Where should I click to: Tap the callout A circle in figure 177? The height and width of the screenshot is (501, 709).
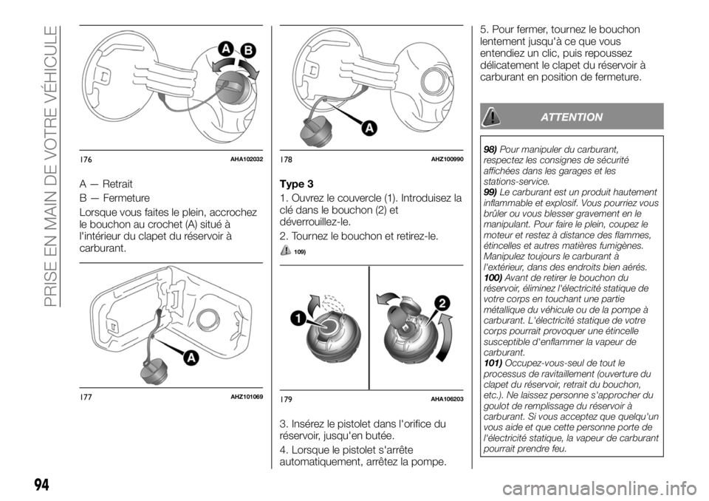[x=191, y=358]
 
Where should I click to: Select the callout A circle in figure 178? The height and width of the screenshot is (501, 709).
[x=367, y=128]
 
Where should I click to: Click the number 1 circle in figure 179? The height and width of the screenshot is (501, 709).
[x=298, y=318]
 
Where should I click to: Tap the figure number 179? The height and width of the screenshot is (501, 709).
[x=287, y=400]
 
